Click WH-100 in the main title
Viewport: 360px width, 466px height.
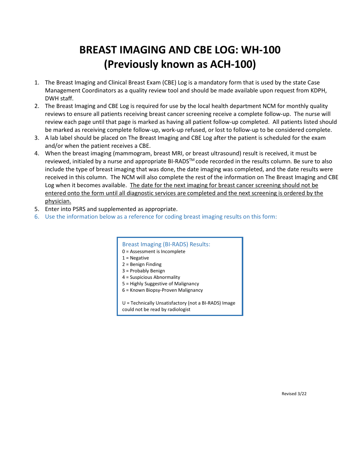coord(261,50)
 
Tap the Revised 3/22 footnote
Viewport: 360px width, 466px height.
coord(294,394)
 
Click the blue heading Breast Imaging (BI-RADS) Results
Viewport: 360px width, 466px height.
coord(166,244)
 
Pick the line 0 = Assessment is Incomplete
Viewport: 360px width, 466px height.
coord(153,252)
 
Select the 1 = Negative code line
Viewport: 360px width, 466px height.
coord(135,258)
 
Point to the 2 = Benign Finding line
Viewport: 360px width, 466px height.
coord(142,264)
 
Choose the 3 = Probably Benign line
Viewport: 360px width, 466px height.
coord(143,271)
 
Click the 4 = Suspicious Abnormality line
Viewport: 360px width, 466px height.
coord(151,277)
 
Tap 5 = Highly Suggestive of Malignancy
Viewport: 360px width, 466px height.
coord(160,284)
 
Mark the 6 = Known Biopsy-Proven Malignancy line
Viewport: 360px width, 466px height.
coord(162,290)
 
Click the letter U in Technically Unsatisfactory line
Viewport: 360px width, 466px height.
coord(124,303)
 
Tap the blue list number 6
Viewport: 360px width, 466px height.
coord(36,217)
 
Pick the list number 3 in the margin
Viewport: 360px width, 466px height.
coord(36,138)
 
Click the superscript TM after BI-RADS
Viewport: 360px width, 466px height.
coord(191,160)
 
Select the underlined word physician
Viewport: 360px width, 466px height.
coord(58,201)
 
